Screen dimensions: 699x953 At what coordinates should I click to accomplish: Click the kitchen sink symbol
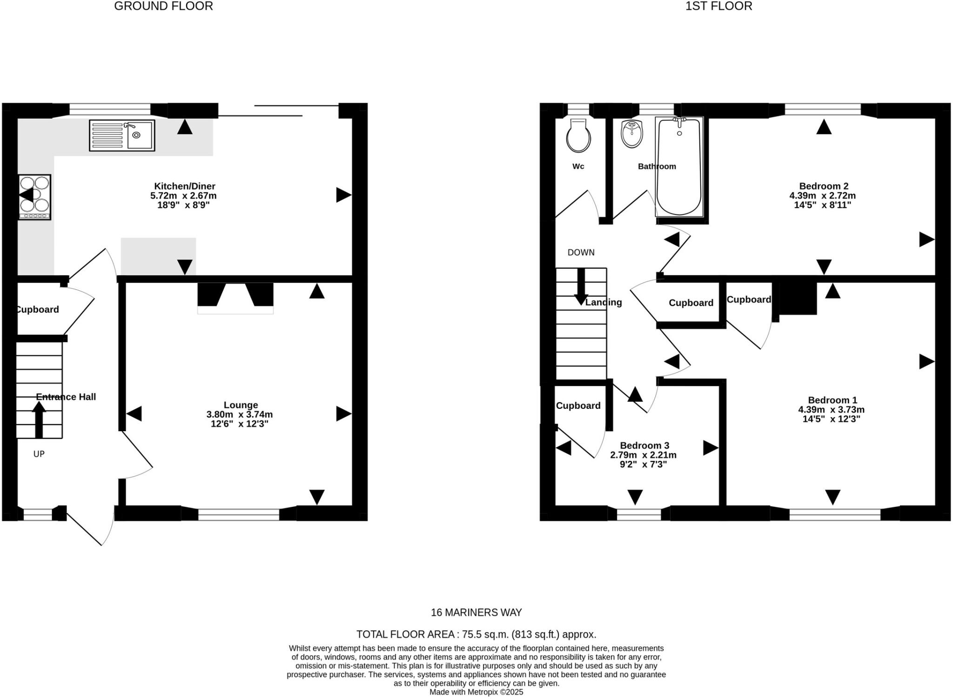pos(122,135)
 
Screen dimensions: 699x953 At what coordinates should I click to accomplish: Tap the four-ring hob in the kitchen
pos(34,197)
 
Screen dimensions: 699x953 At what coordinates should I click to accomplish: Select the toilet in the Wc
pos(578,135)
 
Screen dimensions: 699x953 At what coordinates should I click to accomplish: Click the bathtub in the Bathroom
pos(679,166)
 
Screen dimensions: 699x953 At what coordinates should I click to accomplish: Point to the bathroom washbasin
pos(631,133)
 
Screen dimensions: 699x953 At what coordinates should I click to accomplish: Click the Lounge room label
pos(241,405)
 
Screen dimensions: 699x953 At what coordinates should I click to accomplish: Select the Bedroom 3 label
pos(644,446)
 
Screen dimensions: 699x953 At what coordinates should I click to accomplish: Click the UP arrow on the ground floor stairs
pos(39,419)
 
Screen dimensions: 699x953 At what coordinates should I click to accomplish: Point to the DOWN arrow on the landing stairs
pos(581,286)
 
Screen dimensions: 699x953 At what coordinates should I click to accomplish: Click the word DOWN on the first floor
pos(581,253)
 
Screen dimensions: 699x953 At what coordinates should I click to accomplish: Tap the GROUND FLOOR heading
pos(163,6)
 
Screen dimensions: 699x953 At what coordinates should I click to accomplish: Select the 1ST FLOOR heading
pos(718,6)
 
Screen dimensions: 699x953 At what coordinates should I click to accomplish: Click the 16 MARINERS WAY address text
pos(476,612)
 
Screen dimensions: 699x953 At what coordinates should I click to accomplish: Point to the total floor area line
pos(476,634)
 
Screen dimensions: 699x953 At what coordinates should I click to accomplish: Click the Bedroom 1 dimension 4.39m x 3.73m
pos(831,410)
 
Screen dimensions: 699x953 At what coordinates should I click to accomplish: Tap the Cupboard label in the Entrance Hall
pos(37,310)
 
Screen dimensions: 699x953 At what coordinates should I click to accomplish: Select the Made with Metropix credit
pos(476,692)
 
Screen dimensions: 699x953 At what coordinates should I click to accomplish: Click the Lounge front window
pos(239,514)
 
